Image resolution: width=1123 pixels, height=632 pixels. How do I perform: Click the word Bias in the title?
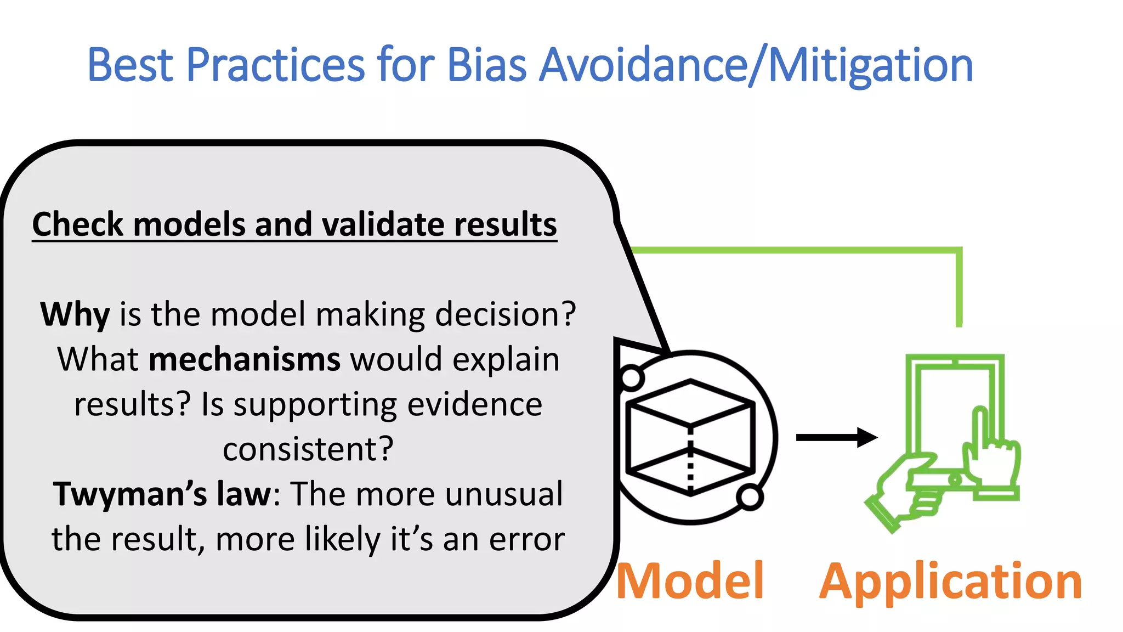pos(486,65)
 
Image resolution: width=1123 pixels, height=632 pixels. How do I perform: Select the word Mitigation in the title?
pos(871,66)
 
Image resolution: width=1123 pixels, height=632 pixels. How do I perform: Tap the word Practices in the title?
pos(275,65)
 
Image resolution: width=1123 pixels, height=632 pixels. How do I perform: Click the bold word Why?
pos(75,314)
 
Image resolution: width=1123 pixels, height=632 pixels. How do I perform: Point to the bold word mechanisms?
pos(245,359)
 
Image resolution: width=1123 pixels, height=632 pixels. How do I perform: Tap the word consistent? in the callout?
pos(308,449)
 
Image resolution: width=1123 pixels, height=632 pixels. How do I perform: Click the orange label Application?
pos(950,582)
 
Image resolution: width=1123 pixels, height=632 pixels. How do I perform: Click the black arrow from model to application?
pos(836,437)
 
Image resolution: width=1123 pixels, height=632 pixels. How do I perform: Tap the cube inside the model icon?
pos(690,437)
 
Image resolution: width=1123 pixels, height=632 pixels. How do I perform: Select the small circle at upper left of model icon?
pos(631,377)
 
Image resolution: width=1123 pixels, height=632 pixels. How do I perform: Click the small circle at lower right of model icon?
pos(749,497)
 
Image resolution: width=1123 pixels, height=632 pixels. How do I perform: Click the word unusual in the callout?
pos(503,494)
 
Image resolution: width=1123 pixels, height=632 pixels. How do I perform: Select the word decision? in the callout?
pos(505,314)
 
